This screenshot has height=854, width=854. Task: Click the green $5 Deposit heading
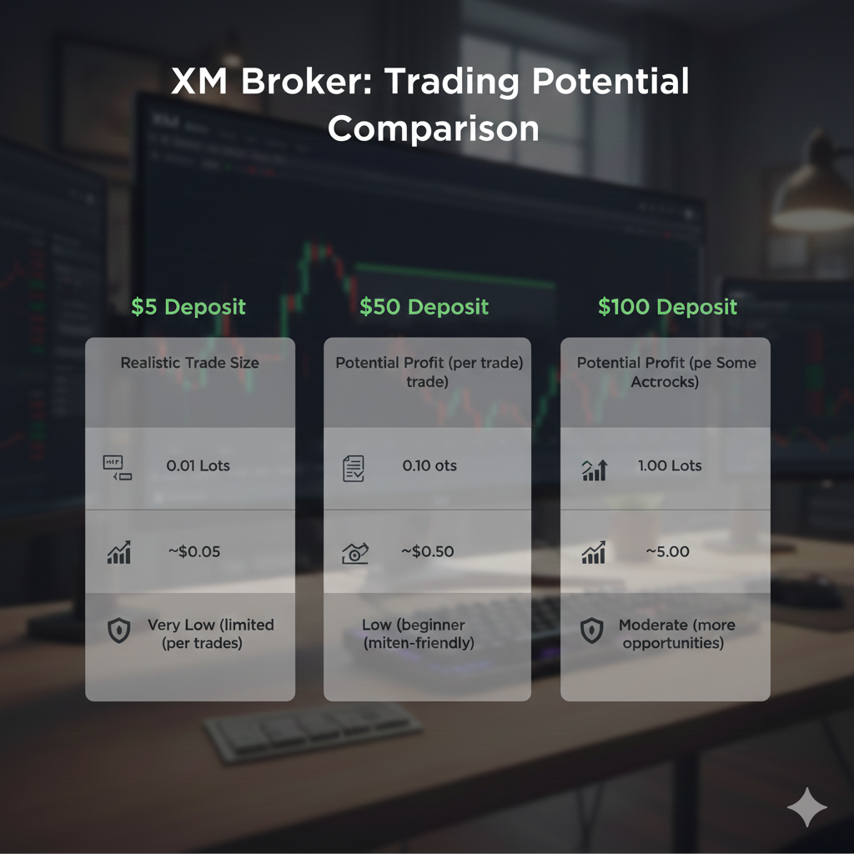click(x=188, y=307)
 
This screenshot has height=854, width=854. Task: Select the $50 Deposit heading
click(x=424, y=307)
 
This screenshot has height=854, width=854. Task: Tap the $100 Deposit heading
click(x=667, y=307)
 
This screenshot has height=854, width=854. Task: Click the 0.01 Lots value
click(x=198, y=465)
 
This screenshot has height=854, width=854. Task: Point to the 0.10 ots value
click(x=430, y=465)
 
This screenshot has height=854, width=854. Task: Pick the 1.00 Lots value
click(x=670, y=465)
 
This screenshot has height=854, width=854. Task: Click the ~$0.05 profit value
click(x=194, y=551)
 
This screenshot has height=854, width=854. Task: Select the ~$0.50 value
click(x=429, y=551)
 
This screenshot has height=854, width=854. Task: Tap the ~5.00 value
click(x=667, y=551)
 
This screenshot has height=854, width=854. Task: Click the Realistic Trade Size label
click(x=189, y=363)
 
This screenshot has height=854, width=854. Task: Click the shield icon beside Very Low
click(x=119, y=630)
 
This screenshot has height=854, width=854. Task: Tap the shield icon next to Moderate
click(x=591, y=630)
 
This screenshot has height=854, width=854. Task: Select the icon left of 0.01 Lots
click(x=118, y=467)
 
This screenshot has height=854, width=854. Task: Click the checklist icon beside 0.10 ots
click(x=354, y=468)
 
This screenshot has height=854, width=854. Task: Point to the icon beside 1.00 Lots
click(x=594, y=470)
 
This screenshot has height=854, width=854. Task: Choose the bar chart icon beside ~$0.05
click(x=119, y=552)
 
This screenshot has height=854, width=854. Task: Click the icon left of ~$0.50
click(x=354, y=552)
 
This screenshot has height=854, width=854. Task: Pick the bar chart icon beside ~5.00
click(x=594, y=552)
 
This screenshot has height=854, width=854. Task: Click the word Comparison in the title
click(x=433, y=129)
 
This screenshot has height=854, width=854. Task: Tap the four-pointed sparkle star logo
click(x=807, y=806)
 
